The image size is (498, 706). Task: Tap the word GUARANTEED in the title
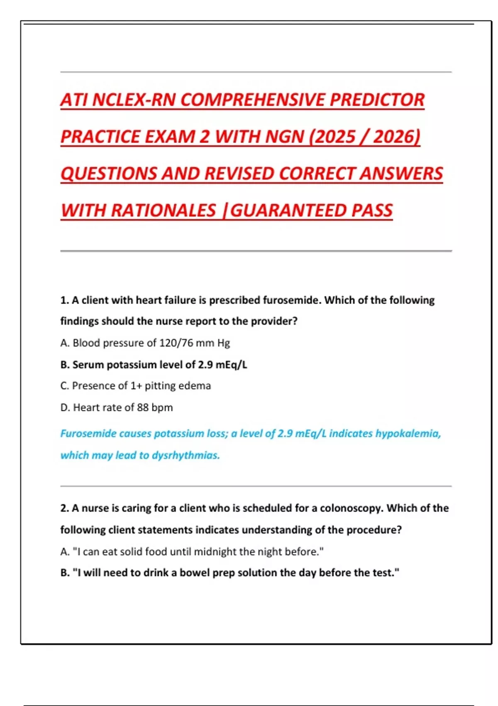[x=288, y=210]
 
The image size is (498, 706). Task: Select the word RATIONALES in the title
[x=164, y=210]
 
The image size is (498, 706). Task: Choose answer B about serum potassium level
[x=154, y=365]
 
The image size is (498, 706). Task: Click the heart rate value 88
[x=143, y=407]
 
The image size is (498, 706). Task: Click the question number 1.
[x=64, y=300]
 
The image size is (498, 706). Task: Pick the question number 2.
[x=64, y=508]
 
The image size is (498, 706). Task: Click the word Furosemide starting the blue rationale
[x=88, y=434]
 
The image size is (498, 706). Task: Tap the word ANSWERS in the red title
[x=401, y=174]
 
